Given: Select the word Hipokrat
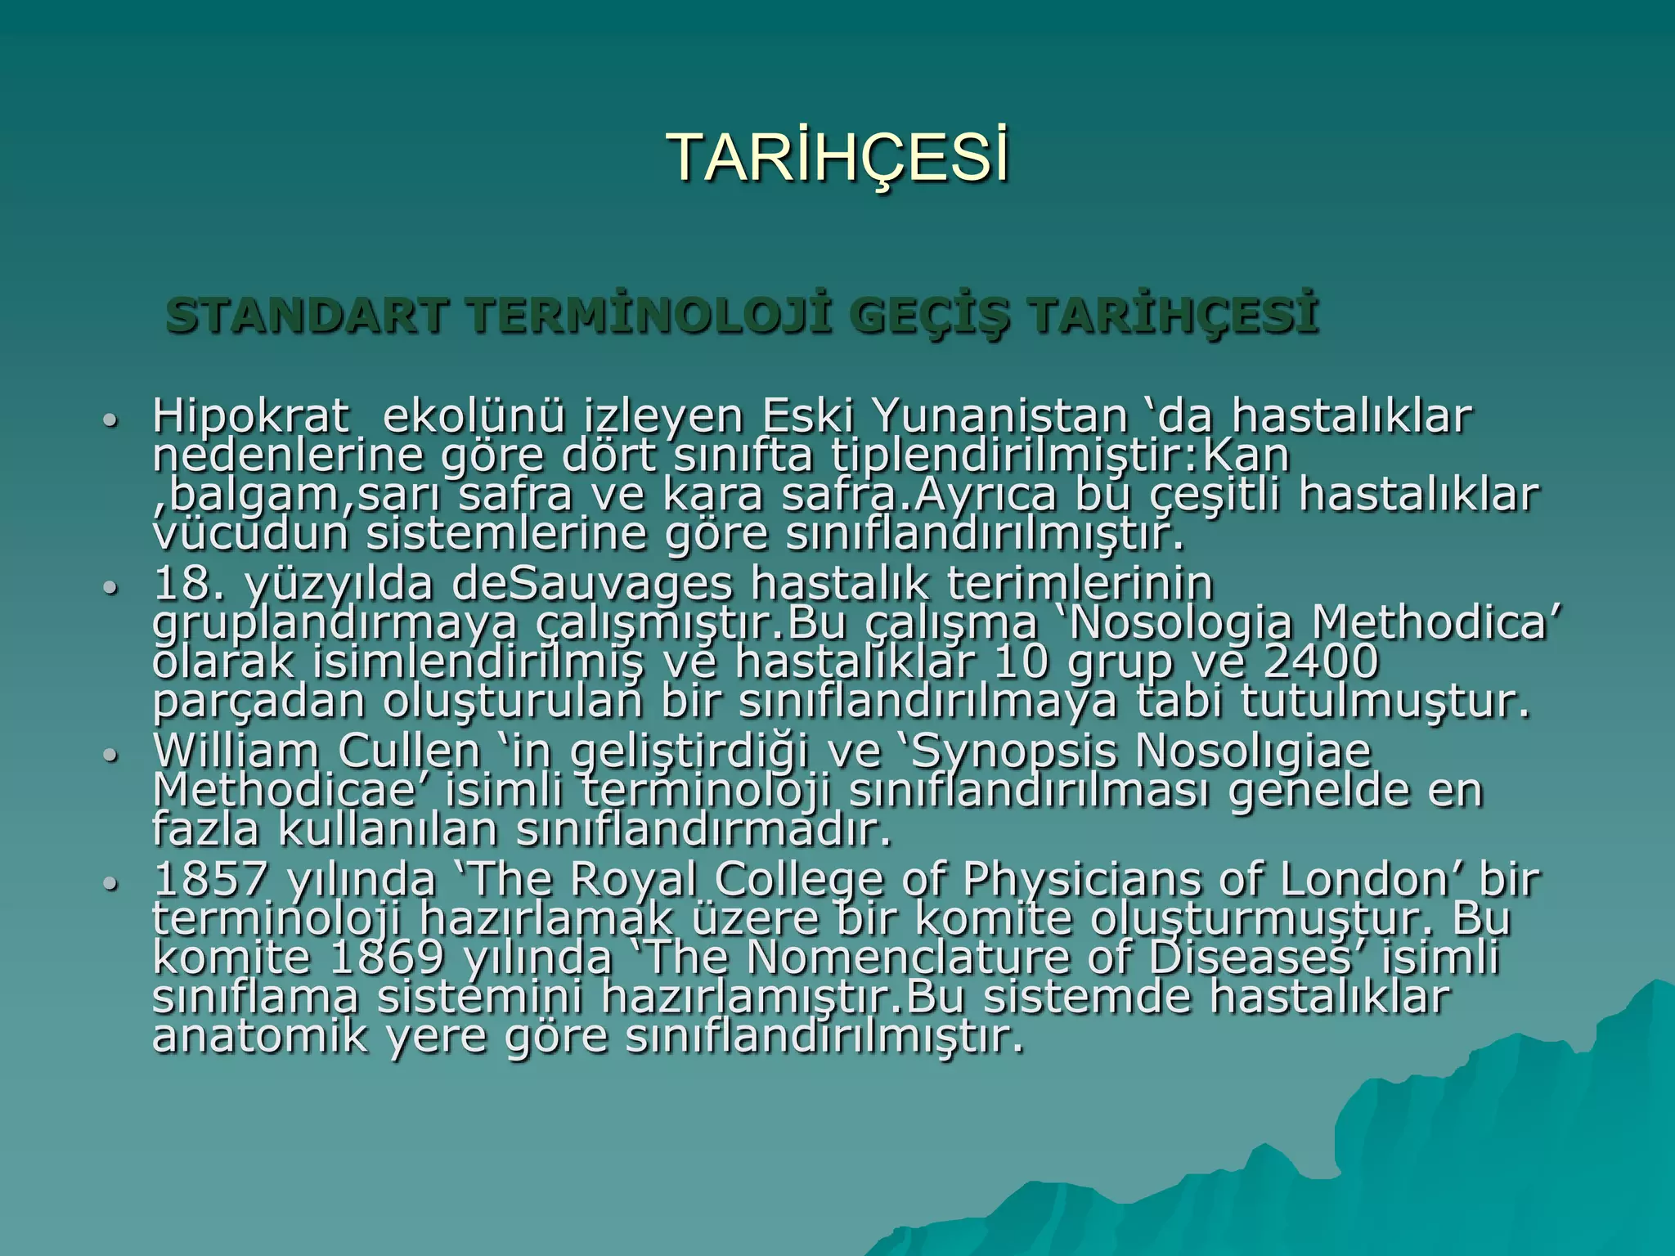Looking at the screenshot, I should pyautogui.click(x=249, y=417).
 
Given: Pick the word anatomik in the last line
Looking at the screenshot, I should pyautogui.click(x=261, y=1037).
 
